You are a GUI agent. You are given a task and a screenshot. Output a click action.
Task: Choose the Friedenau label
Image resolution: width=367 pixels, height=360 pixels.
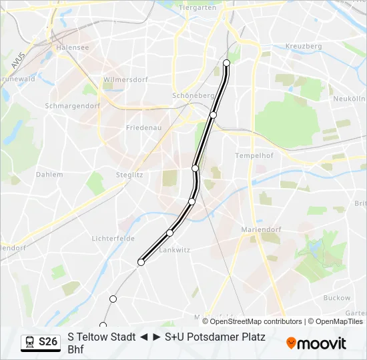143,127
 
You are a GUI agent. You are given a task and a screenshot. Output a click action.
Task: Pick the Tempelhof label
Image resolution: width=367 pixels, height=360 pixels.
252,155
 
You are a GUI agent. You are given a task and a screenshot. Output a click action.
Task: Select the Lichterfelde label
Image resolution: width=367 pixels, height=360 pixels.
113,238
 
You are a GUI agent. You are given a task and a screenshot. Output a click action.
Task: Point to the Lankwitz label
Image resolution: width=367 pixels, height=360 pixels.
175,250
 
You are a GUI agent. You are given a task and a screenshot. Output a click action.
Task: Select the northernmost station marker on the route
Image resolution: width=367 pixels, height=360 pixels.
226,63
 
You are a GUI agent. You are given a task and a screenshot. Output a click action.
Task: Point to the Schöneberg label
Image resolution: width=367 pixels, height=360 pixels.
193,95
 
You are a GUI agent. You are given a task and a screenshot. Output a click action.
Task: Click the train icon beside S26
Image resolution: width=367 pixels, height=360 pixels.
29,342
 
